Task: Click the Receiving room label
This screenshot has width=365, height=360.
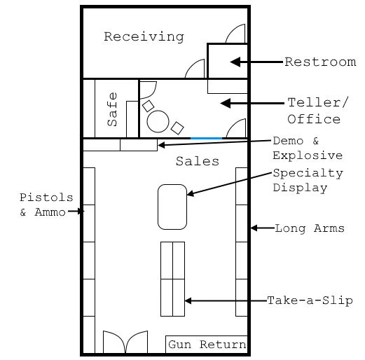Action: (x=144, y=37)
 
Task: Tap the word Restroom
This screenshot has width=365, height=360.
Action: (x=320, y=62)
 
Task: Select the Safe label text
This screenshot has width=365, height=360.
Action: (x=112, y=109)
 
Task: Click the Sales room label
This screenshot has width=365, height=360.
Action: (x=198, y=161)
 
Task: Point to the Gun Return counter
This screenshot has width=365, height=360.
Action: (x=207, y=345)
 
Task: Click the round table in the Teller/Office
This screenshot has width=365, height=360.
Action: (x=158, y=121)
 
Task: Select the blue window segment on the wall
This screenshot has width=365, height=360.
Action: (x=206, y=139)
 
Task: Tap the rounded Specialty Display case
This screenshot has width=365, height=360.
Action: (x=172, y=207)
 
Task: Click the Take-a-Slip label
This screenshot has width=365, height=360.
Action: (x=310, y=300)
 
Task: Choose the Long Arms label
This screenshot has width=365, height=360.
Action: (x=310, y=228)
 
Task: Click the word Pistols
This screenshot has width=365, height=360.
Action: (x=46, y=198)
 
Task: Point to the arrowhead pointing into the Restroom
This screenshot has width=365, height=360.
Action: (x=235, y=62)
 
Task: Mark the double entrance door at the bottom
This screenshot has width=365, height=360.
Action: (x=125, y=342)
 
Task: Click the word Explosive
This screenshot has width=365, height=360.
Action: (x=308, y=155)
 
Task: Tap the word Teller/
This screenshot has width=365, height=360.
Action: (x=318, y=102)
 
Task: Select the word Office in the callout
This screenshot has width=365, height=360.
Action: (x=314, y=119)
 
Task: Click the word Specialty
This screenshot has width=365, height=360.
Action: (x=308, y=174)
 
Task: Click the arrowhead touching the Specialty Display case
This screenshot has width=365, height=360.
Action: (x=190, y=193)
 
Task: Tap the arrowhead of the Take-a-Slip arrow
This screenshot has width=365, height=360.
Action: (x=188, y=300)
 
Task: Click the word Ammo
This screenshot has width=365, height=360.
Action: (x=50, y=212)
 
